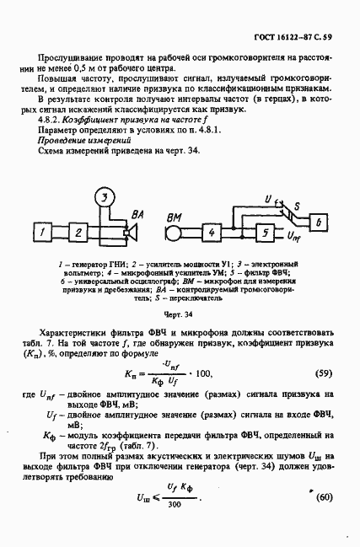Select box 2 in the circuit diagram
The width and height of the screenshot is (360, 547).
point(78,231)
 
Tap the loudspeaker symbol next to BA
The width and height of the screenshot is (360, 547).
point(129,229)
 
